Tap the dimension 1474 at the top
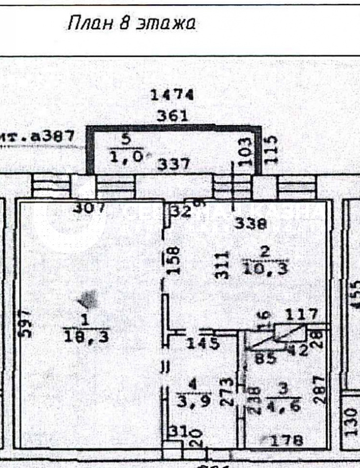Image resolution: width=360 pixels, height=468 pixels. click(x=173, y=95)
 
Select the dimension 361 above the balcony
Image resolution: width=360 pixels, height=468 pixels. click(x=172, y=117)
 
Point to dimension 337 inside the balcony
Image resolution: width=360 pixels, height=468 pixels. click(x=173, y=164)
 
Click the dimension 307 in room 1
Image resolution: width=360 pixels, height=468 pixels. click(x=89, y=208)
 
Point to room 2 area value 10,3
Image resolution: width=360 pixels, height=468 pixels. click(x=265, y=269)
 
